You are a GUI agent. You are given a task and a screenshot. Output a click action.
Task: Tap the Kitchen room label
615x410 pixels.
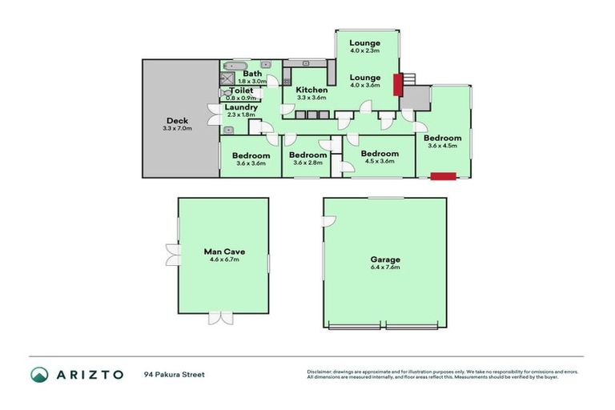pos(312,90)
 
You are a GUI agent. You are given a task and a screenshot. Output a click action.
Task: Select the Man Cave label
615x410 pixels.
pos(223,251)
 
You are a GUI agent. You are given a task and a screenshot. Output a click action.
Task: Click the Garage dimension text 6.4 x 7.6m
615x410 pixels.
pos(384,267)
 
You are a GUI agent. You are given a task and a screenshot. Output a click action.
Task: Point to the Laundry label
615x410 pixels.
pos(240,107)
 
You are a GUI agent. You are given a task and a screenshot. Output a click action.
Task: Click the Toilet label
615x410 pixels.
pos(241,90)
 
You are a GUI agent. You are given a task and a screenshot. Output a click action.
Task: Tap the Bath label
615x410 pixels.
pos(252,73)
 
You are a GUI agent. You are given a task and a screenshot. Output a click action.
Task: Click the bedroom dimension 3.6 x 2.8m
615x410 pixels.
pos(307,163)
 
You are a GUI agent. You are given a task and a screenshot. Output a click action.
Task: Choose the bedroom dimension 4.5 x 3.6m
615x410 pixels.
pos(379,163)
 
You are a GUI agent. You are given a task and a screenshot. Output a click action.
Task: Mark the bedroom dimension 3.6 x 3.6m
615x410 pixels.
pos(251,163)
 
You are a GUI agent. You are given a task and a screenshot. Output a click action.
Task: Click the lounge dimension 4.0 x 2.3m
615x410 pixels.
pos(364,50)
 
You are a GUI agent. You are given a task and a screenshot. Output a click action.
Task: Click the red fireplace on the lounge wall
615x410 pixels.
pos(396,84)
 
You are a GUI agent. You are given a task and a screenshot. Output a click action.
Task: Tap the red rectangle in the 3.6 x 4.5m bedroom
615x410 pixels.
pos(443,176)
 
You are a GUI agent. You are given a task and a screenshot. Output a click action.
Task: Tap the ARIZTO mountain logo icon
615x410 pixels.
pos(39,374)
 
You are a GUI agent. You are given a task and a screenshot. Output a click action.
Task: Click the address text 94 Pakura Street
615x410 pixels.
pos(175,374)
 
